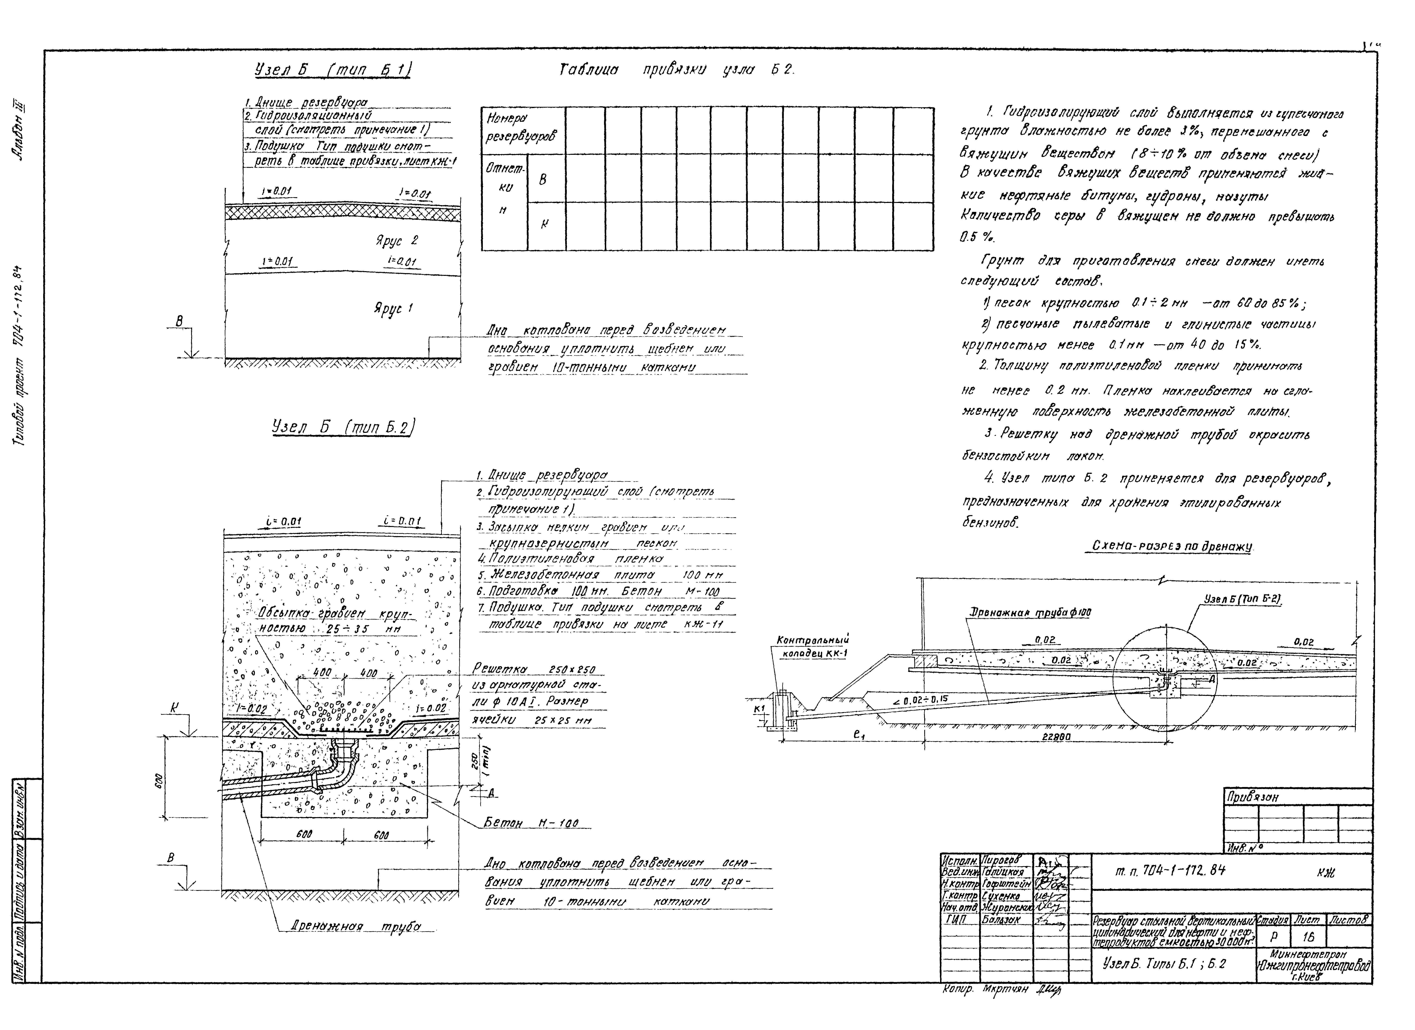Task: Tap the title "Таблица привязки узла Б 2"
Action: point(677,71)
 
